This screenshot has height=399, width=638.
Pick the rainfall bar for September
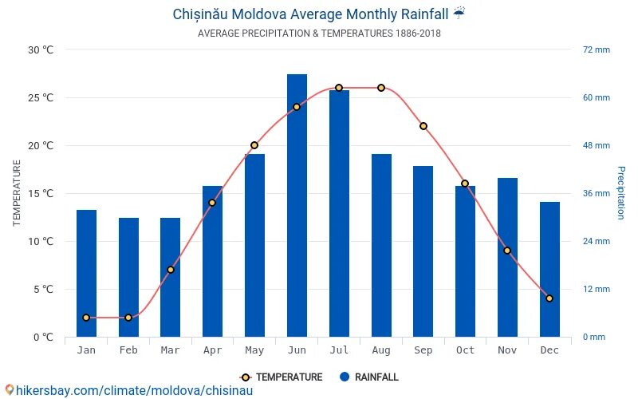pyautogui.click(x=423, y=251)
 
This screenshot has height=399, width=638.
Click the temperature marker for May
pyautogui.click(x=254, y=145)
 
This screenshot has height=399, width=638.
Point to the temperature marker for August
pyautogui.click(x=381, y=88)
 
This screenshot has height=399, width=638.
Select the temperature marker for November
pyautogui.click(x=507, y=251)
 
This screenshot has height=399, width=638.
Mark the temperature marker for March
pyautogui.click(x=171, y=270)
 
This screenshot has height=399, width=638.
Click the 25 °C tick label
pyautogui.click(x=41, y=97)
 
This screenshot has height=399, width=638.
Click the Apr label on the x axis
pyautogui.click(x=212, y=350)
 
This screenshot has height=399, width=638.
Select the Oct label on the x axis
pyautogui.click(x=465, y=350)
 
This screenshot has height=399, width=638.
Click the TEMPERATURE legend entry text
pyautogui.click(x=289, y=377)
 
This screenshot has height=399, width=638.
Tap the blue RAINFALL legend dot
pyautogui.click(x=345, y=377)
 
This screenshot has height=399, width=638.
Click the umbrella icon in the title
pyautogui.click(x=459, y=14)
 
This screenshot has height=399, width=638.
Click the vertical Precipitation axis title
pyautogui.click(x=621, y=193)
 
